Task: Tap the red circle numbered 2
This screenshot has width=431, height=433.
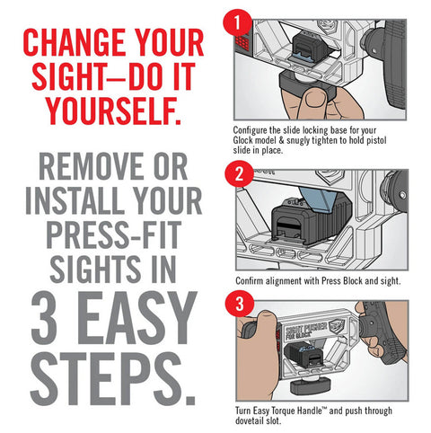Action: click(239, 173)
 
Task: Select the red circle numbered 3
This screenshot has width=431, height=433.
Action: click(240, 304)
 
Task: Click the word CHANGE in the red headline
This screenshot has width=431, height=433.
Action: click(75, 42)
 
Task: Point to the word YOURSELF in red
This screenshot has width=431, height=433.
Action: click(114, 110)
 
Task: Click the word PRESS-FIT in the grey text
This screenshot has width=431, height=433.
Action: click(114, 234)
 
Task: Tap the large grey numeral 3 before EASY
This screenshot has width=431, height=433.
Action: click(46, 317)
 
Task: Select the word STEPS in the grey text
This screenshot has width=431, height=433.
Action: click(113, 379)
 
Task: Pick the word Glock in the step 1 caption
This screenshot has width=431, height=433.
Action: click(243, 140)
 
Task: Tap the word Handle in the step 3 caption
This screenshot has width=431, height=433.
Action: click(310, 411)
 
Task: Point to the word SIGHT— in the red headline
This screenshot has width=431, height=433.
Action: click(80, 76)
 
